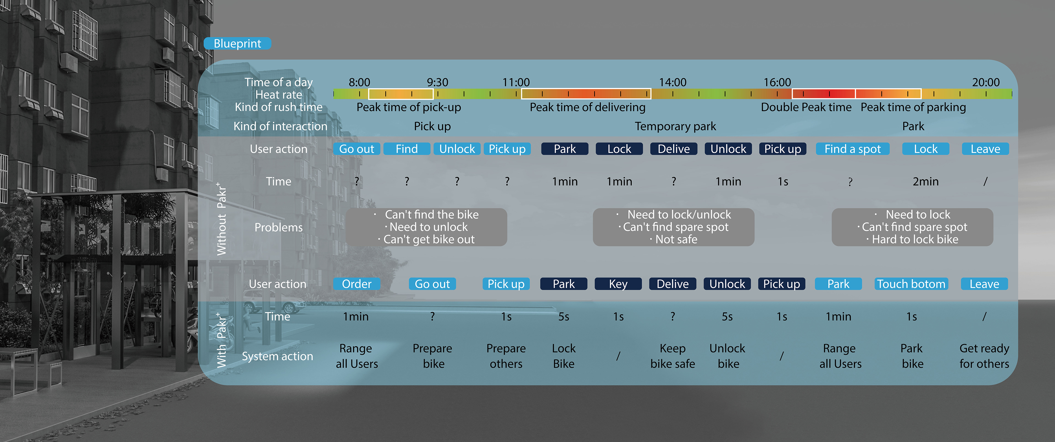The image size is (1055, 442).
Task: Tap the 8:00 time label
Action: point(359,83)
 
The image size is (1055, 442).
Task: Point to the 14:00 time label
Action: point(673,83)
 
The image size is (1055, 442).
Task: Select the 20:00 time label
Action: point(986,83)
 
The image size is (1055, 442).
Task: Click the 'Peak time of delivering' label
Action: point(587,108)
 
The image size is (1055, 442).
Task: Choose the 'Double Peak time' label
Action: point(806,108)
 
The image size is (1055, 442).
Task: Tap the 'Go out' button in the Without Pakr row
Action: point(356,149)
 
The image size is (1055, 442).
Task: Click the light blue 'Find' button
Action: point(407,149)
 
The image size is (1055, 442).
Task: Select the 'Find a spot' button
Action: point(852,149)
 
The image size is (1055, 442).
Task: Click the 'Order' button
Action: point(356,284)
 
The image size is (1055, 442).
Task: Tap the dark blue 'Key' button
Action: point(618,284)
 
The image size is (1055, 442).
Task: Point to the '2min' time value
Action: point(925,181)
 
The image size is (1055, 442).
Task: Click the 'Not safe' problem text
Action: point(676,240)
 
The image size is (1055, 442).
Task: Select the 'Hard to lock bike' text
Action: point(915,240)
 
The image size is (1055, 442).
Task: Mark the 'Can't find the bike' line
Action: point(431,215)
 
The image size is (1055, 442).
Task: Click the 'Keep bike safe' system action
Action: point(673,356)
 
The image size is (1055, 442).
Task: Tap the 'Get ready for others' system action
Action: point(984,356)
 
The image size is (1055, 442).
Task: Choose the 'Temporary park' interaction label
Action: point(675,126)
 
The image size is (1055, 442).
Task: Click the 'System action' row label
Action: point(277,356)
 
